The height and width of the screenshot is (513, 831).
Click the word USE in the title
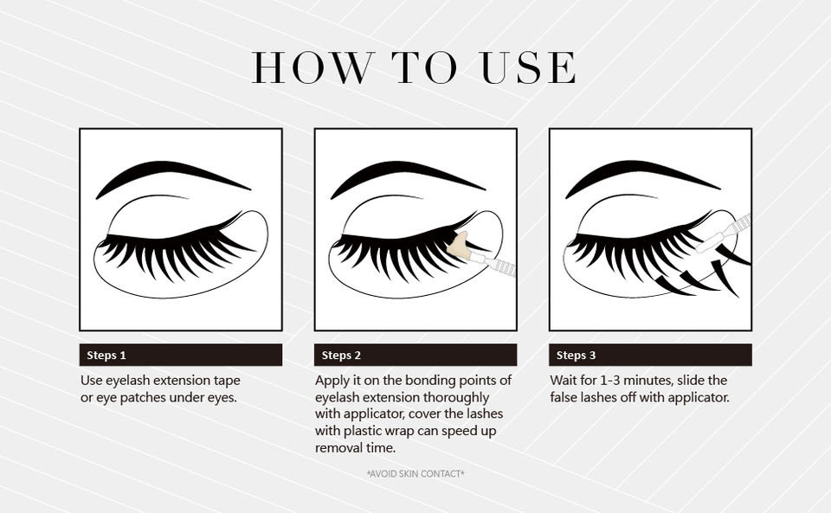[x=528, y=67]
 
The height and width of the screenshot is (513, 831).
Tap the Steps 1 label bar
[x=181, y=355]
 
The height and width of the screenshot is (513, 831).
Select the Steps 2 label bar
[x=415, y=355]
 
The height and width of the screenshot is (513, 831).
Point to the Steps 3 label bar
[x=650, y=355]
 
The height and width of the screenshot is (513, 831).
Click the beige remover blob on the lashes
[x=459, y=247]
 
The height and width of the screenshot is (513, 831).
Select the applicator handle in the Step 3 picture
[x=737, y=224]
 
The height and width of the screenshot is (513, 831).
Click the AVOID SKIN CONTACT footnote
[x=415, y=474]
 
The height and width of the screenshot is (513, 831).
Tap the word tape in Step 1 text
[x=227, y=381]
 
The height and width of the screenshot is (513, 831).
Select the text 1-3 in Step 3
[x=609, y=380]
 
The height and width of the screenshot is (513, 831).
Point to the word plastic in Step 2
[x=363, y=431]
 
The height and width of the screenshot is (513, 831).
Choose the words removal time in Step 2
[x=356, y=448]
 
